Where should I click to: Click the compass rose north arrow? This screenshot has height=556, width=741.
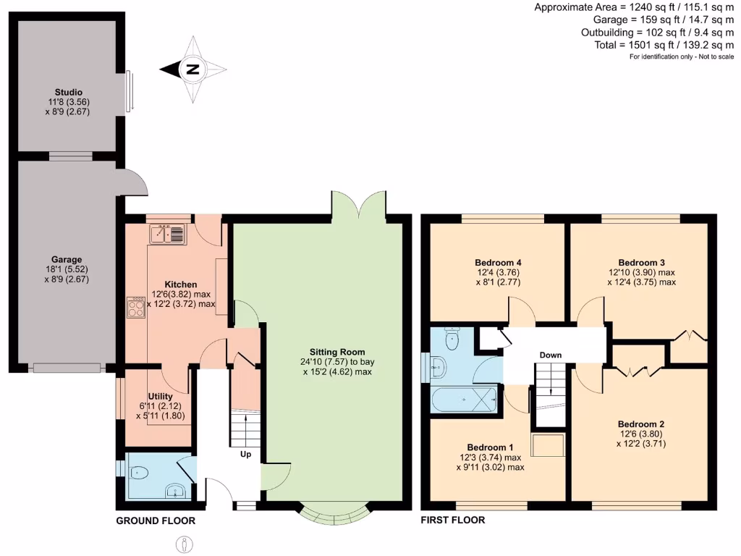click(x=192, y=69)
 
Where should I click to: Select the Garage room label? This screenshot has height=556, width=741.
click(x=67, y=259)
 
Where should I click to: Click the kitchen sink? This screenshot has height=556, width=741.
click(x=168, y=234)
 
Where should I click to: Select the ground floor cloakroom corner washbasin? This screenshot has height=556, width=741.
click(x=175, y=492)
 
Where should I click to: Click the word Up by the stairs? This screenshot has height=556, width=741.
click(x=246, y=455)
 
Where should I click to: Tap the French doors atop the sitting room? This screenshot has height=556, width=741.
click(x=359, y=204)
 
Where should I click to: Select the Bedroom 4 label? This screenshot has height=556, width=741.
click(x=499, y=262)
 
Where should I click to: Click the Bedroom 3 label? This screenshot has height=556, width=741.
click(x=641, y=262)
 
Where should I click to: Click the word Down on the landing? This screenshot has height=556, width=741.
click(x=551, y=355)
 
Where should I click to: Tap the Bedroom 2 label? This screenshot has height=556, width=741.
click(x=640, y=424)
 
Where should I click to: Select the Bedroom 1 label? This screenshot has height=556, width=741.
click(x=490, y=447)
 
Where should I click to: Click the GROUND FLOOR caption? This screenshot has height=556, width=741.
click(x=156, y=521)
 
